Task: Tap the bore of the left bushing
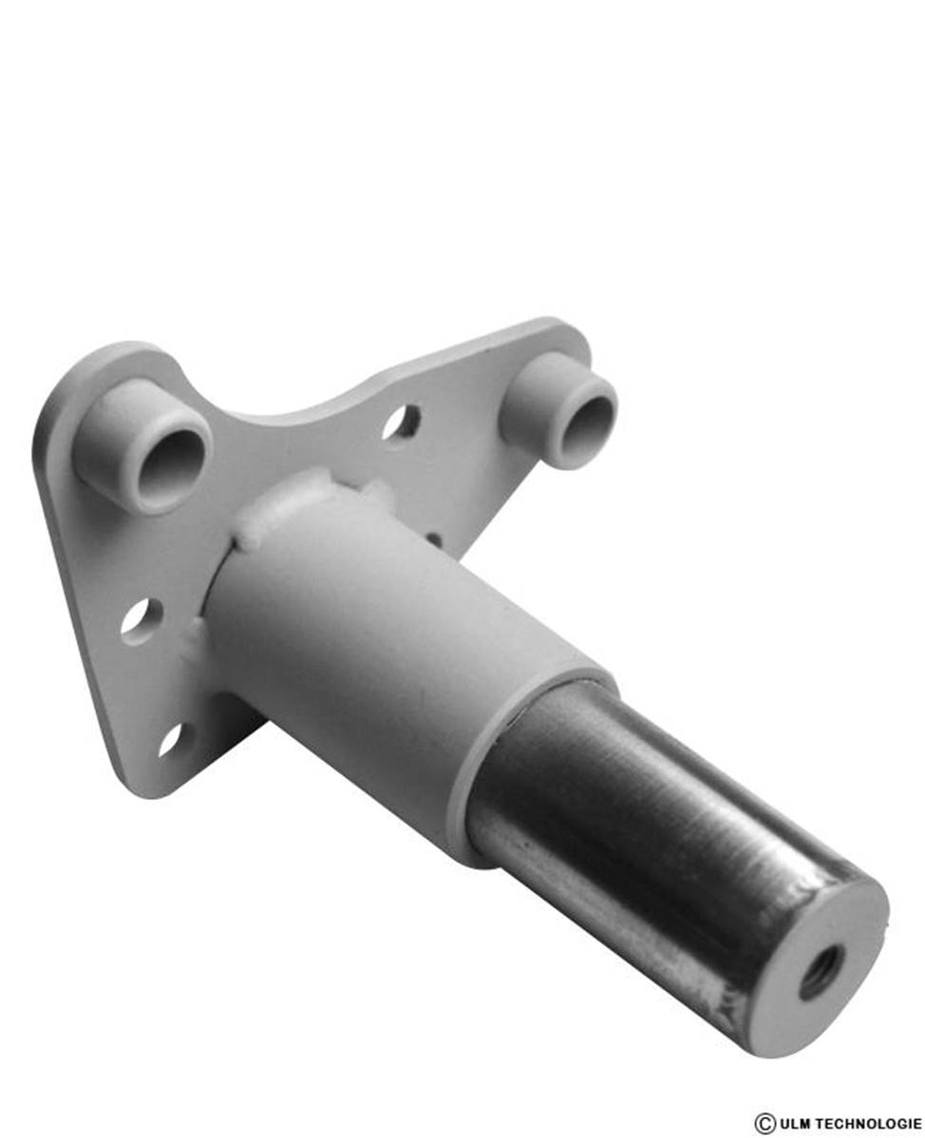coord(171,465)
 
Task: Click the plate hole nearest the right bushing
coord(401,423)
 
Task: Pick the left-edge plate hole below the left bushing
coord(139,621)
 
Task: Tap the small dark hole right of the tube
coord(434,539)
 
